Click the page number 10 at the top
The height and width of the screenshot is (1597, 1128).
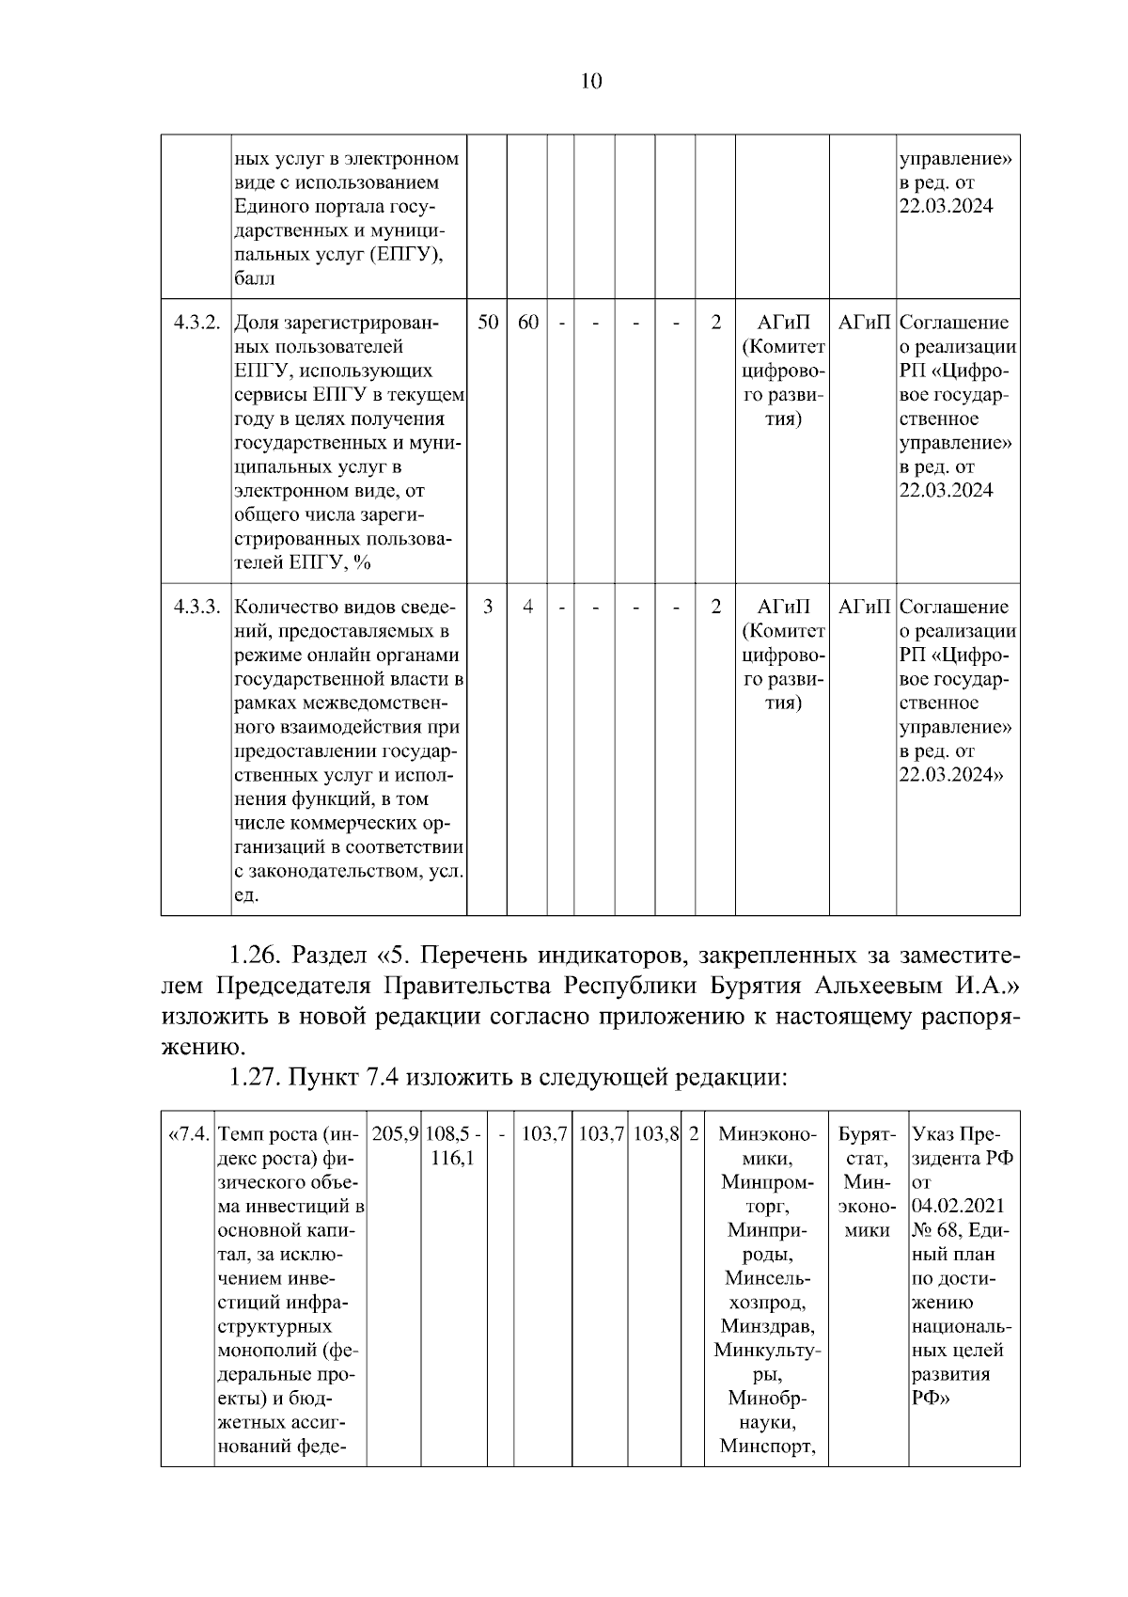(591, 81)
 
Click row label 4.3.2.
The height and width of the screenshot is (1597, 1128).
(196, 323)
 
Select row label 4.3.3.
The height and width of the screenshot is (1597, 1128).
(196, 607)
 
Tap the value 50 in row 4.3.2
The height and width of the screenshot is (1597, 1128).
(488, 323)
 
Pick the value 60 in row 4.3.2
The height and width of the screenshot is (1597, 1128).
(528, 323)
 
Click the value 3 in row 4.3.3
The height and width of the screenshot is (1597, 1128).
(488, 607)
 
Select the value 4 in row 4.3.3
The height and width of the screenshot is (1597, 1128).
(528, 607)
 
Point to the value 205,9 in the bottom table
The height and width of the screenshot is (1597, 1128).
(395, 1134)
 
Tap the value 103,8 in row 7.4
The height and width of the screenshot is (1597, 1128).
(655, 1134)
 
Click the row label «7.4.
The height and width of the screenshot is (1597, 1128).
(188, 1134)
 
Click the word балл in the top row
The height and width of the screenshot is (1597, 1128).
(254, 279)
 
